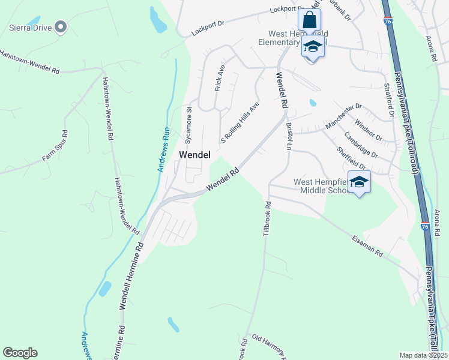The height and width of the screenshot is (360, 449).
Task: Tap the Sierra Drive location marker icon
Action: (60, 26)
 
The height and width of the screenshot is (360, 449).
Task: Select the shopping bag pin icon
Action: (309, 19)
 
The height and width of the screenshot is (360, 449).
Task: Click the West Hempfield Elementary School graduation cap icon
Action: (313, 46)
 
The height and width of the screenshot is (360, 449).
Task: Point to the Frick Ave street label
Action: (219, 78)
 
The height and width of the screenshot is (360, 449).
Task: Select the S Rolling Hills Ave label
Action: (240, 122)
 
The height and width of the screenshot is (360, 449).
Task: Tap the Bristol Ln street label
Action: (289, 136)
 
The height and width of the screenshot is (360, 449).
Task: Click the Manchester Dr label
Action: (343, 116)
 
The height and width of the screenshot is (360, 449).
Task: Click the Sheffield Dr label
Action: (351, 158)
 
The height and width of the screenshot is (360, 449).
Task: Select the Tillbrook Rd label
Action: (267, 218)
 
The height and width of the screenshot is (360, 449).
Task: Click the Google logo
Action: (20, 353)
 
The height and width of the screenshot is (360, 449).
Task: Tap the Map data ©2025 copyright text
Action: (423, 355)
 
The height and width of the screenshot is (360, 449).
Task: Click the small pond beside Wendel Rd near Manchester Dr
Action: (312, 103)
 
